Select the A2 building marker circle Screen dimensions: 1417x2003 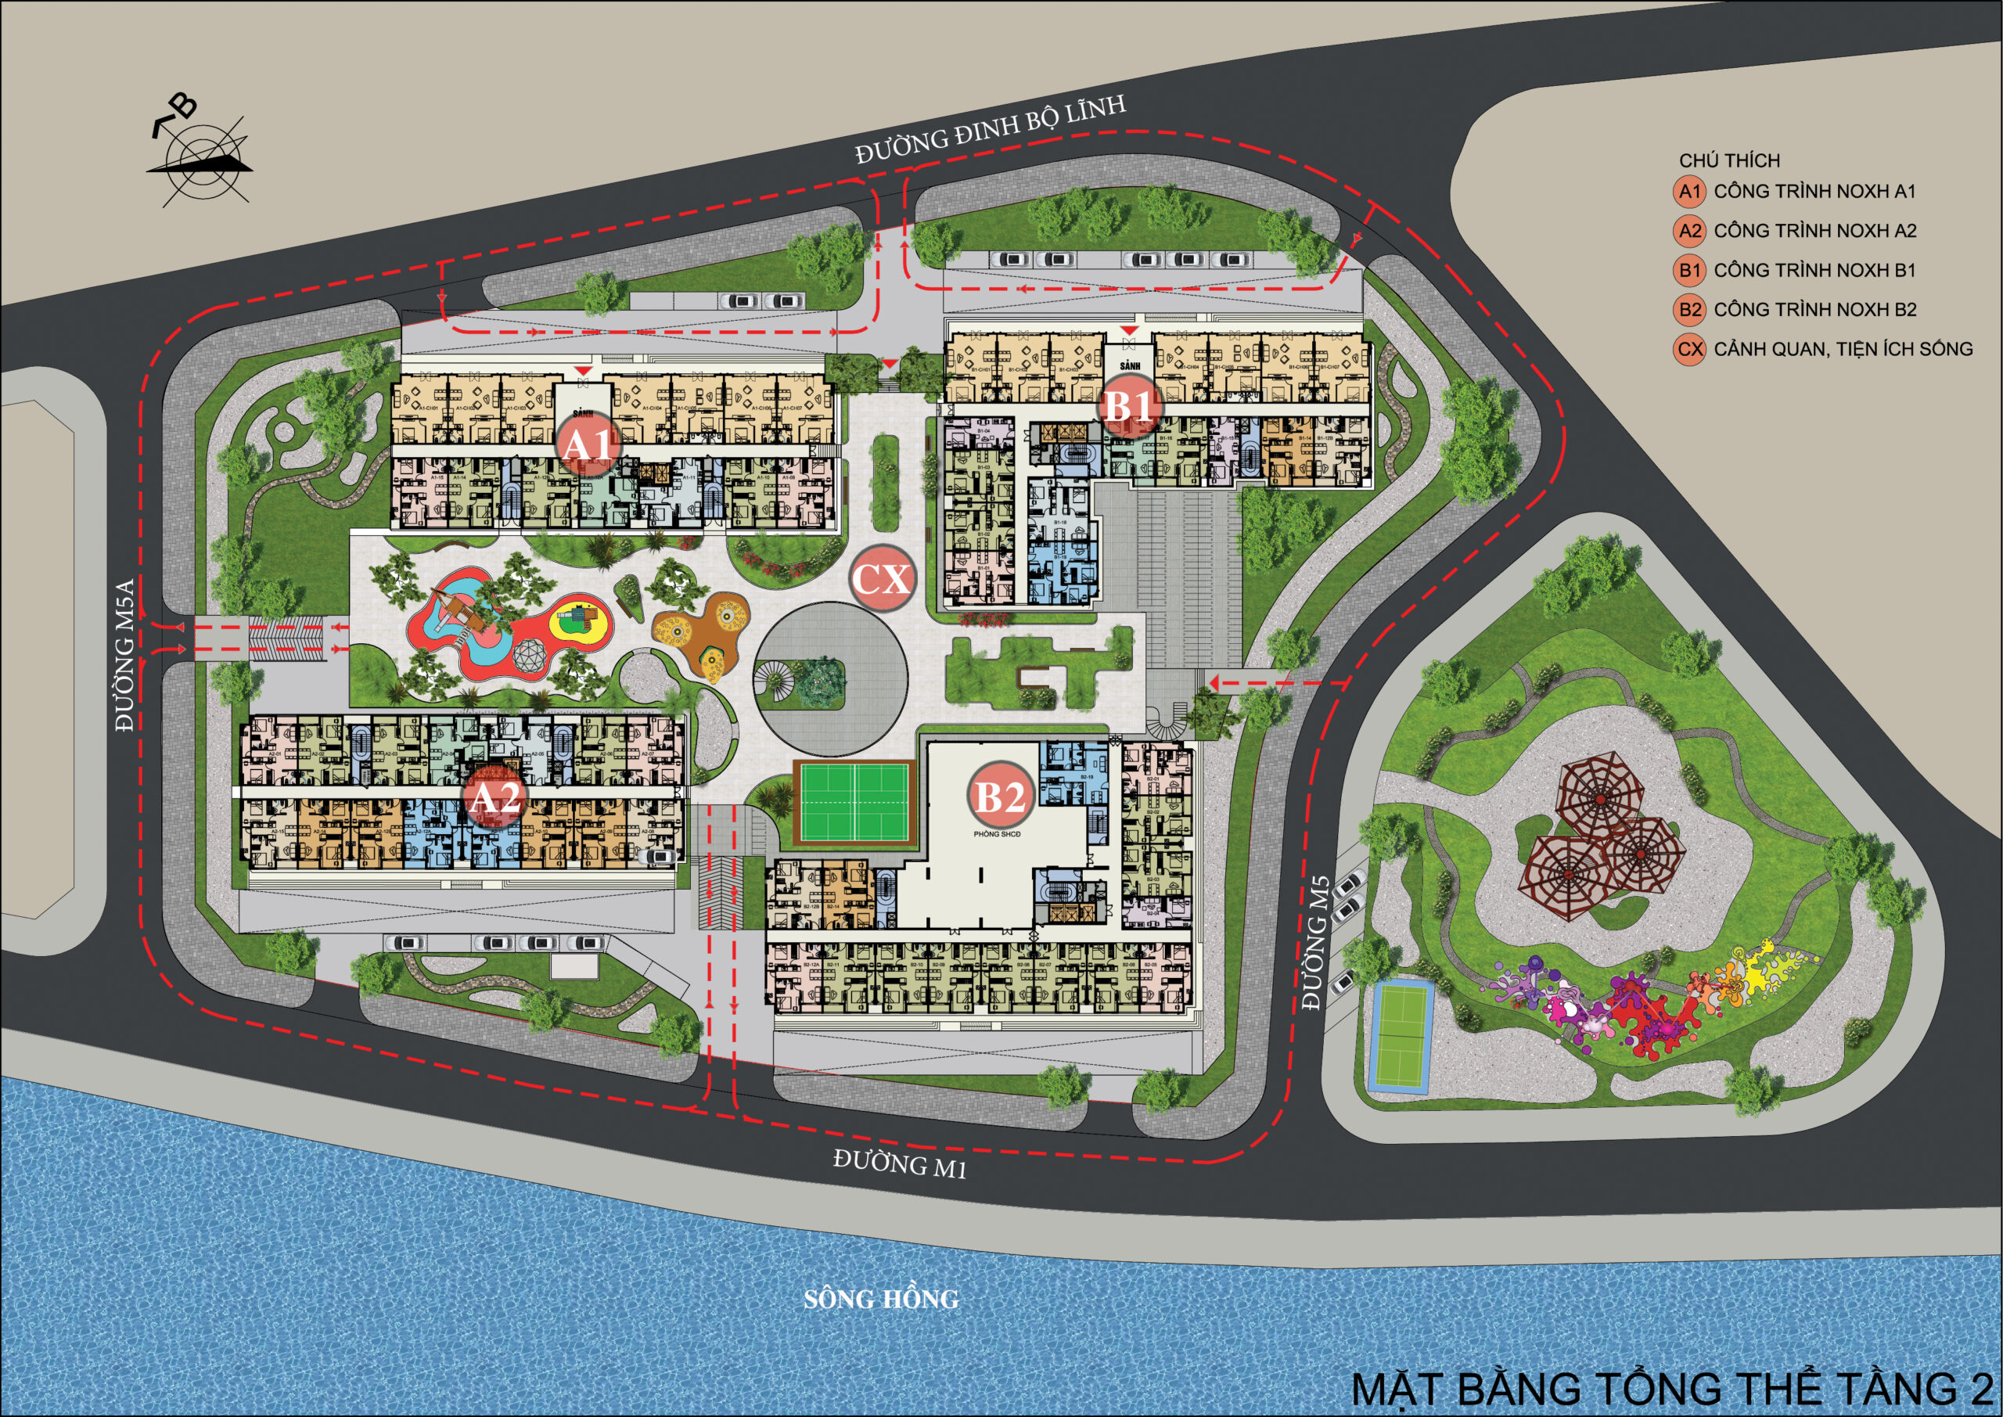coord(494,797)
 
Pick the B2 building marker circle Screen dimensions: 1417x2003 coord(1000,796)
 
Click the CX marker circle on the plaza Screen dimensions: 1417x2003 coord(882,578)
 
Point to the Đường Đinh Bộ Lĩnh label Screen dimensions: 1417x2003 coord(991,130)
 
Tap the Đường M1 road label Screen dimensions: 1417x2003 coord(900,1164)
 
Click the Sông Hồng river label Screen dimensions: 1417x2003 coord(881,1299)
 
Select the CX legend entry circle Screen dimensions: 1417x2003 coord(1690,349)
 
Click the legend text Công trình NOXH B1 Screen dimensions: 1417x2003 coord(1814,271)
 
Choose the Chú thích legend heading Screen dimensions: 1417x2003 coord(1729,160)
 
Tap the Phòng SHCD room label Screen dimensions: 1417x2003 coord(997,834)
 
